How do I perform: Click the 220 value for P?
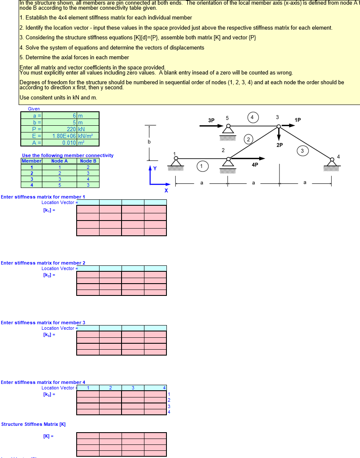(71, 129)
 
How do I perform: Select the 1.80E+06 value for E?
(64, 136)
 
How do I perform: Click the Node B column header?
(88, 161)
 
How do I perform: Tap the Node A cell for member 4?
(60, 185)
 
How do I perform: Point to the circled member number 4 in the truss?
(253, 117)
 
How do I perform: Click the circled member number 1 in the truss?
(202, 166)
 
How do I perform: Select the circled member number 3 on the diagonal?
(302, 150)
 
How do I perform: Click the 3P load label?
(211, 121)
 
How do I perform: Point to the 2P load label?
(280, 145)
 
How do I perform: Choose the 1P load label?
(298, 120)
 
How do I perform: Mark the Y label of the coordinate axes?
(155, 168)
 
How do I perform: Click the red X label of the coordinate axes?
(166, 191)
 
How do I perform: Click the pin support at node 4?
(332, 163)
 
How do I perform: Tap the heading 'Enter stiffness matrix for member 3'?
(43, 323)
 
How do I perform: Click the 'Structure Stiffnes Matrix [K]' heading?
(33, 424)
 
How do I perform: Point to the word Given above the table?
(34, 109)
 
